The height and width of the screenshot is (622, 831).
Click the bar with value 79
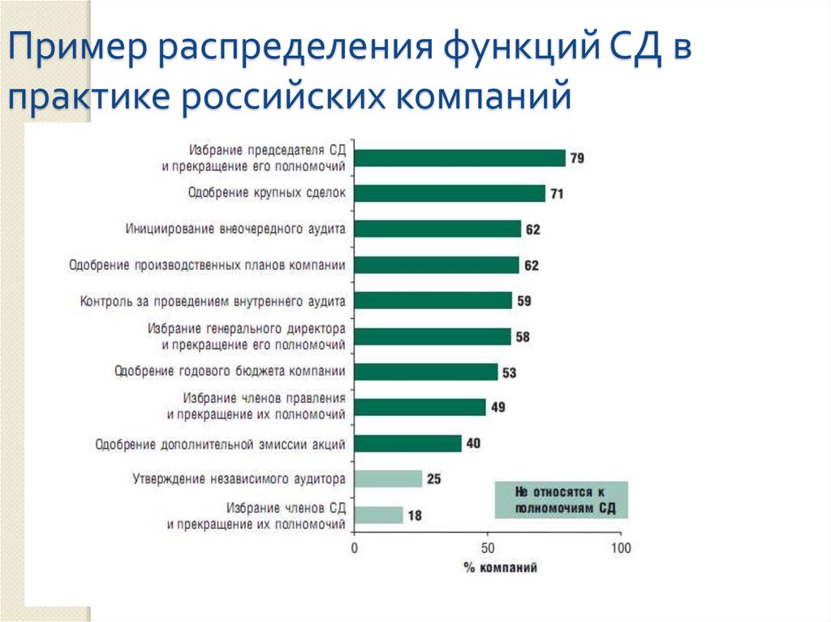click(x=460, y=158)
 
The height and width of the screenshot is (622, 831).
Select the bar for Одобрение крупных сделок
click(x=450, y=193)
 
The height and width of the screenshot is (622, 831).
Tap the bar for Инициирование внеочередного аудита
click(x=437, y=229)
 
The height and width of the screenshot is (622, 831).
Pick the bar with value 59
click(x=433, y=301)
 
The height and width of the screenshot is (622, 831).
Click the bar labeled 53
click(x=426, y=372)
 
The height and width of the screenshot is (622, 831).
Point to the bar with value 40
click(x=408, y=444)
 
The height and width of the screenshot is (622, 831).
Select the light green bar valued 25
click(x=388, y=478)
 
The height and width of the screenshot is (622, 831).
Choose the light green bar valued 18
click(x=378, y=515)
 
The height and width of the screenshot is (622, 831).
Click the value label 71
click(x=557, y=194)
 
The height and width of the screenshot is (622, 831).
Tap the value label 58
click(x=523, y=337)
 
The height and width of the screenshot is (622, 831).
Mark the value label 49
click(x=497, y=407)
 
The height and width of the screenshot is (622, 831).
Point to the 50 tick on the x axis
click(x=487, y=548)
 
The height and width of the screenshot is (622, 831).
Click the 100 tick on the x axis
click(x=620, y=548)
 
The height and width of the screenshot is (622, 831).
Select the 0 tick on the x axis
click(x=355, y=548)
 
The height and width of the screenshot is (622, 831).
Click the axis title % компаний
click(x=500, y=568)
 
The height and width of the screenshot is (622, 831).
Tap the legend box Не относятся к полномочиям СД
click(x=561, y=500)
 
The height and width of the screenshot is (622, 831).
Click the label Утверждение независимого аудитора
click(x=239, y=478)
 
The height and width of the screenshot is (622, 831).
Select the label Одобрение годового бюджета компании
click(x=230, y=371)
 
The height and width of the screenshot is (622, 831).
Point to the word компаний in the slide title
click(x=484, y=97)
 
